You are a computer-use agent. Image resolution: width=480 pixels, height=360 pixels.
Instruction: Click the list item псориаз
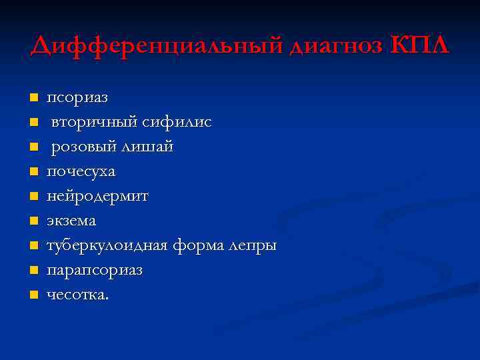(x=77, y=98)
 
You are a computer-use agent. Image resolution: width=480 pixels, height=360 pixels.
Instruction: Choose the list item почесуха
(x=81, y=171)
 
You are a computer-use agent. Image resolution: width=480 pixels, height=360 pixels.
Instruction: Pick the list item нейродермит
(x=97, y=196)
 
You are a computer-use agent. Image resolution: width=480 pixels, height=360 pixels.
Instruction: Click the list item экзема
(x=71, y=221)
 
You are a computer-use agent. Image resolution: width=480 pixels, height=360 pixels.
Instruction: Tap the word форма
(x=196, y=245)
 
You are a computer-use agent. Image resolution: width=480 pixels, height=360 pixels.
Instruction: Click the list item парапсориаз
(x=95, y=271)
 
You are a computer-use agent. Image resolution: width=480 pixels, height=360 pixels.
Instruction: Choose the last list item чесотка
(x=77, y=295)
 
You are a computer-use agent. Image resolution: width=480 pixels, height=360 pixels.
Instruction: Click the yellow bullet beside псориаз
(x=33, y=99)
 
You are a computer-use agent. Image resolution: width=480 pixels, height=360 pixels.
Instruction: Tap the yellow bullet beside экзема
(x=33, y=221)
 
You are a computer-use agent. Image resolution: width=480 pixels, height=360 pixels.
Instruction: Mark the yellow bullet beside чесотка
(x=33, y=295)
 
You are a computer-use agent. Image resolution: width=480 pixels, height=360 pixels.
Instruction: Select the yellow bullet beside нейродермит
(x=33, y=197)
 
